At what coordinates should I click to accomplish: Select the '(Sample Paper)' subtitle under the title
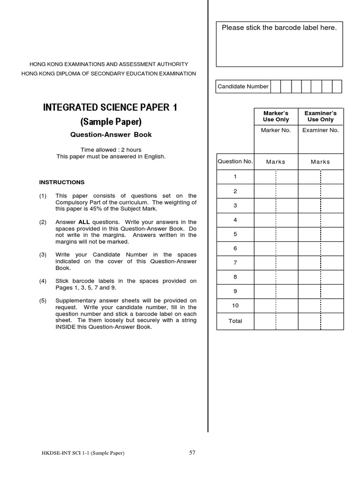111,122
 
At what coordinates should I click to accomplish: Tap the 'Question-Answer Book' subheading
111,135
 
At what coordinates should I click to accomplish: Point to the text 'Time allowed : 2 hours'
111,150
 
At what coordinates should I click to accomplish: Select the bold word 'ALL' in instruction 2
84,222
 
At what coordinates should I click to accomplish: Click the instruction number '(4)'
43,281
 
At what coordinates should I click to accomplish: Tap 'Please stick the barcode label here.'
279,28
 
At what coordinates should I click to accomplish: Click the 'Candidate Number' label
243,86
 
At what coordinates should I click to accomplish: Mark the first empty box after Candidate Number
276,86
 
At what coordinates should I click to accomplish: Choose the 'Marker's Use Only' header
276,116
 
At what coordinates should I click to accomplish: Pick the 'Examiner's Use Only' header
321,116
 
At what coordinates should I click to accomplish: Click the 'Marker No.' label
276,130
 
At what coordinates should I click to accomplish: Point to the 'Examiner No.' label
321,130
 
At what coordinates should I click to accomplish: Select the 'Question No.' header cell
235,161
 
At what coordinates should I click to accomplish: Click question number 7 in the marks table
235,262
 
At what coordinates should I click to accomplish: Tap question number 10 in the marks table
235,306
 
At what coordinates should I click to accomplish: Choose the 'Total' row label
235,321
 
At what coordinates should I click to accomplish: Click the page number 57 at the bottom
192,452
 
